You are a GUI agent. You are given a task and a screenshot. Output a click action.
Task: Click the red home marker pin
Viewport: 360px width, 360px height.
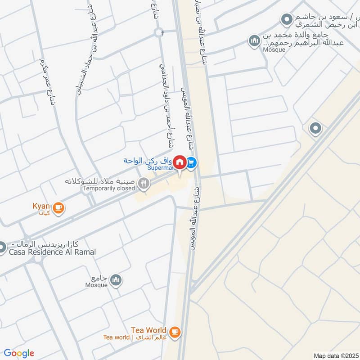pyautogui.click(x=180, y=162)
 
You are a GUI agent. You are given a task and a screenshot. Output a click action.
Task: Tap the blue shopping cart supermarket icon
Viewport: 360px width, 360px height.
pyautogui.click(x=191, y=162)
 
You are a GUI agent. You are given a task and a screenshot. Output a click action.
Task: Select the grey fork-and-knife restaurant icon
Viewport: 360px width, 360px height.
pyautogui.click(x=144, y=183)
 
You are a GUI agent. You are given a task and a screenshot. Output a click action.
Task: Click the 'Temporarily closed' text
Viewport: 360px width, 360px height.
pyautogui.click(x=108, y=189)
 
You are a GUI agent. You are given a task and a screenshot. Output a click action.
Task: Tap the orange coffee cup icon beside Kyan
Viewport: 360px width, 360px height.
pyautogui.click(x=58, y=207)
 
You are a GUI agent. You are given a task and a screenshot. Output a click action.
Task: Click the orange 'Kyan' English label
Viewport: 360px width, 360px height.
pyautogui.click(x=41, y=206)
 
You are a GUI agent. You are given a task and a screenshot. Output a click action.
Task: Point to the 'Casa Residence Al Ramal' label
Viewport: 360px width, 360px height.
pyautogui.click(x=52, y=252)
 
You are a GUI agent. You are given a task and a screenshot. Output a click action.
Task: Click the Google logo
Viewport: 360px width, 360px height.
pyautogui.click(x=19, y=353)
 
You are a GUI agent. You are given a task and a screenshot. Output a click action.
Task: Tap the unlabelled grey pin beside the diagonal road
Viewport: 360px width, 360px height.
pyautogui.click(x=315, y=129)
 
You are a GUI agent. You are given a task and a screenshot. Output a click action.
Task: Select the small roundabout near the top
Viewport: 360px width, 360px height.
pyautogui.click(x=158, y=32)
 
